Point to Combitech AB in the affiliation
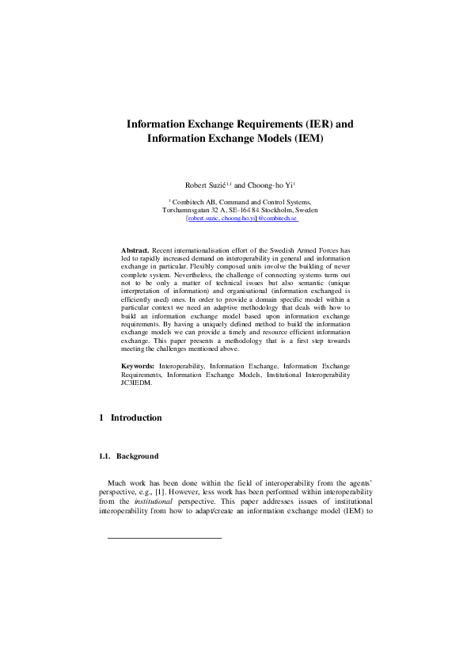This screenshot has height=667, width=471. [194, 203]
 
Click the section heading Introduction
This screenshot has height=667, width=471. [136, 417]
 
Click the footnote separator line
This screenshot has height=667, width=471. [164, 538]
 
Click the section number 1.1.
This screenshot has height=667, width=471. [104, 456]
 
